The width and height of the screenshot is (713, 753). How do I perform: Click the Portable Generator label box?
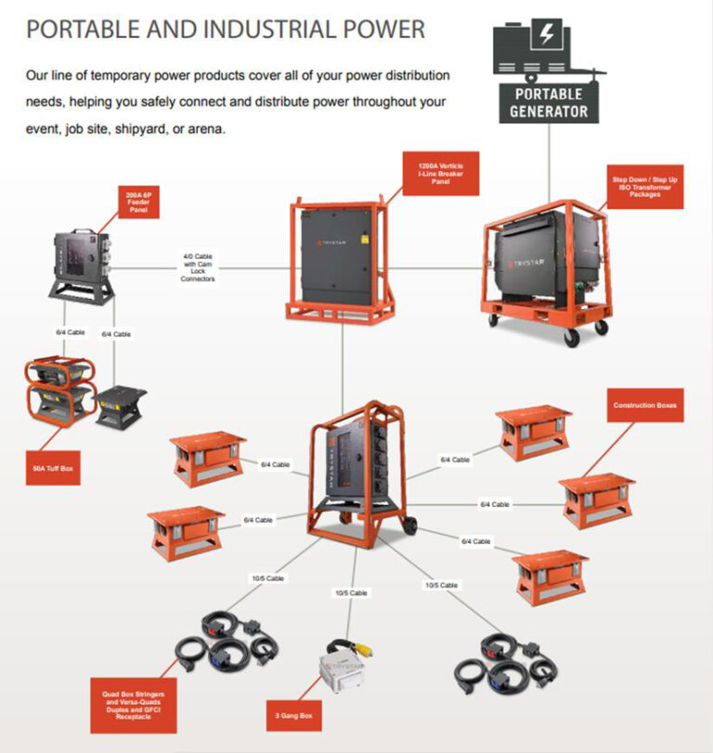click(548, 102)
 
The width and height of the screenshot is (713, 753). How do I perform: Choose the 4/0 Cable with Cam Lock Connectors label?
click(198, 267)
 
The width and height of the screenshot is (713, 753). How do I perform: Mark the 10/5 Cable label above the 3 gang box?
click(350, 592)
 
